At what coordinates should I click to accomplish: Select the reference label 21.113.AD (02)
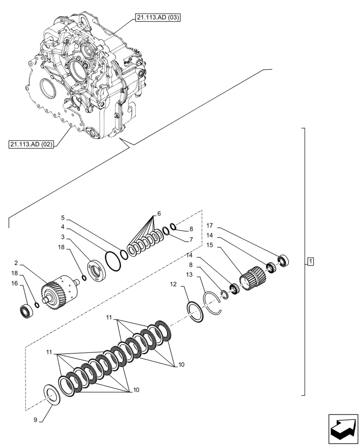click(30, 145)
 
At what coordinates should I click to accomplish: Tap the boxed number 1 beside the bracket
click(311, 261)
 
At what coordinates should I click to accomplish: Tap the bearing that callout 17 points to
click(283, 260)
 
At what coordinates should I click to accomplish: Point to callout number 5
click(63, 218)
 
